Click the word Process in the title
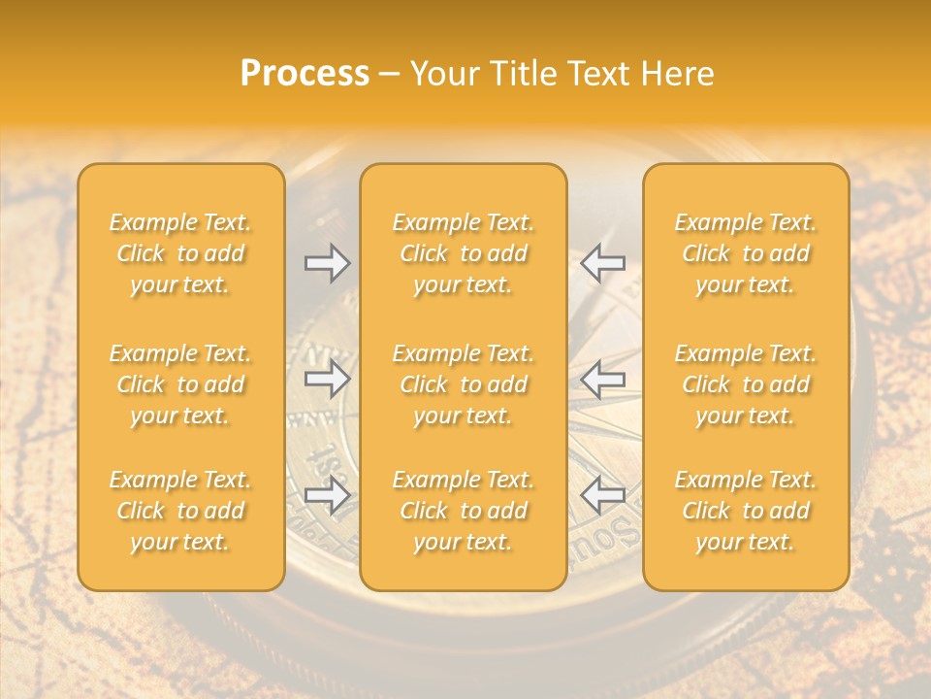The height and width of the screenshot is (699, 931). tap(305, 74)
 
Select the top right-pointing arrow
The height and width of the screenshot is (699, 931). tap(328, 263)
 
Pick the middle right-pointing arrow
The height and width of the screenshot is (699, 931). tap(328, 379)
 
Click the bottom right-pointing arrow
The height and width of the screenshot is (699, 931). tap(328, 495)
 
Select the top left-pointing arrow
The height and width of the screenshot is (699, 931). tap(602, 263)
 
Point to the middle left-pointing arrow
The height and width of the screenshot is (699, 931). tap(602, 379)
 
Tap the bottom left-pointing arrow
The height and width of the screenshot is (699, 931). tap(602, 495)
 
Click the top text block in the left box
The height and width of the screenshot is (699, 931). tap(180, 253)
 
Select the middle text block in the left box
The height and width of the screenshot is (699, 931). tap(180, 384)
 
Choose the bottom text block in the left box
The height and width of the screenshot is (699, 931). tap(180, 511)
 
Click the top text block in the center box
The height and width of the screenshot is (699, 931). tap(464, 253)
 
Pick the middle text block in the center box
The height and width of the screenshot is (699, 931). tap(464, 384)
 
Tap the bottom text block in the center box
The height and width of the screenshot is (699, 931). tap(464, 511)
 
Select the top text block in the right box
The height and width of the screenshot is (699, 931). tap(746, 253)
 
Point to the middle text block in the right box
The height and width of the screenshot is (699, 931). tap(746, 384)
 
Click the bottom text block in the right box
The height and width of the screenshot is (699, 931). tap(746, 511)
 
